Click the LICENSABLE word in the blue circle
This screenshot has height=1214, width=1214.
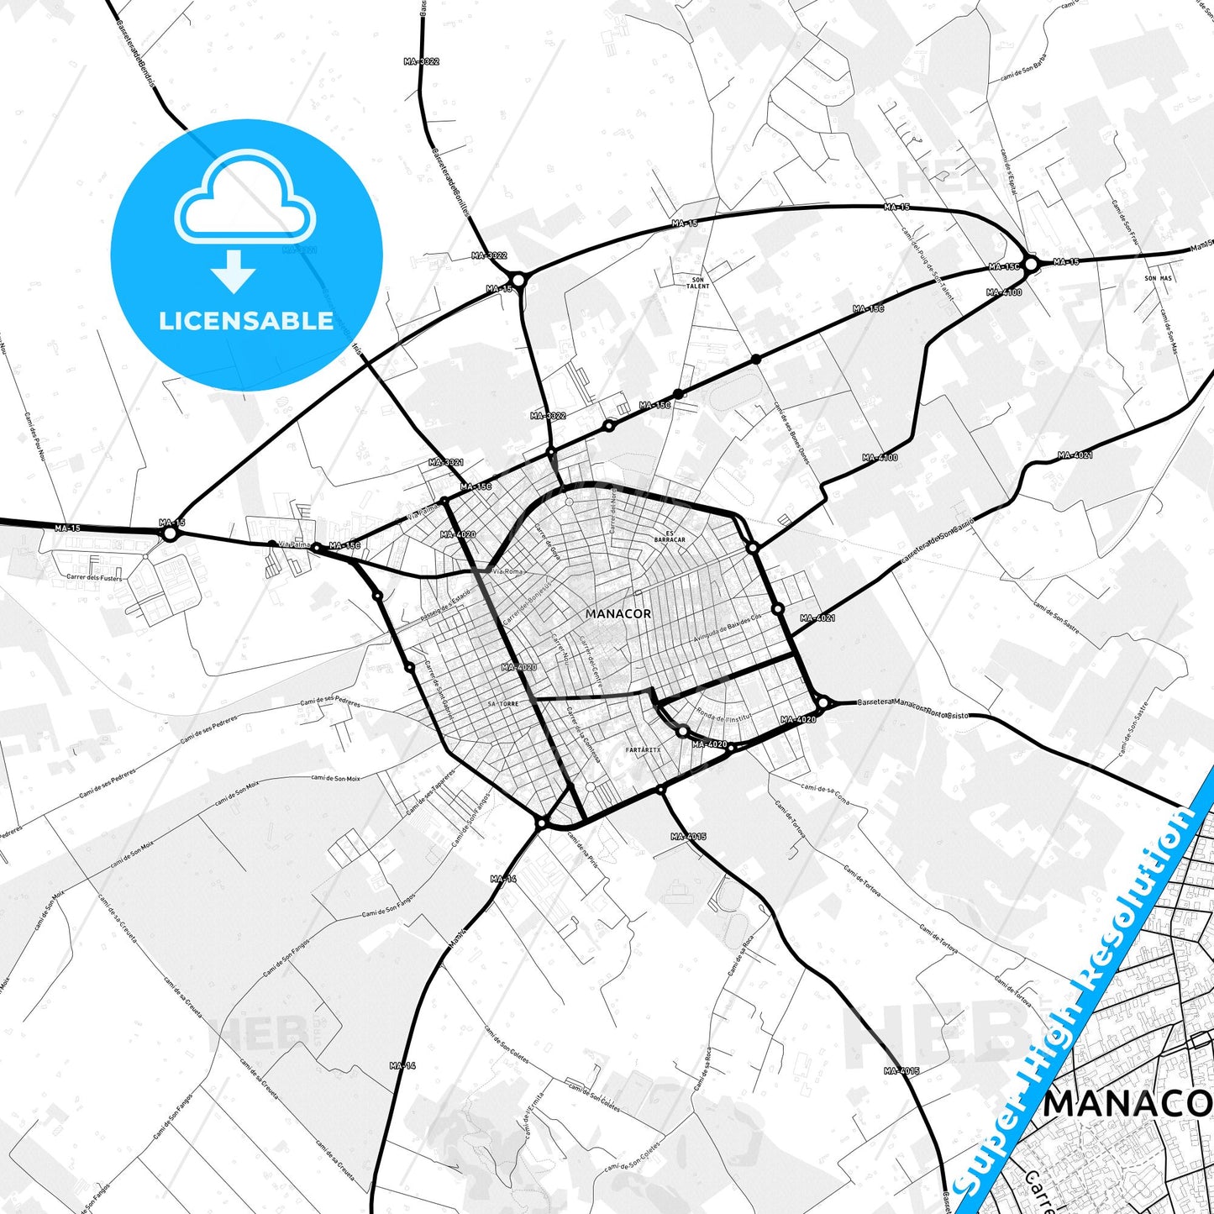pos(246,321)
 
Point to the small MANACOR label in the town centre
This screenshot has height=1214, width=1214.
pos(618,614)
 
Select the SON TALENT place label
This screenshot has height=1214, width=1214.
pos(697,283)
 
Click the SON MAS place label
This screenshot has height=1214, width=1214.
pos(1158,278)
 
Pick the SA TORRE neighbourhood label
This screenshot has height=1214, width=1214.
pos(503,703)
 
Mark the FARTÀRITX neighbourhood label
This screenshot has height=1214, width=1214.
pos(644,749)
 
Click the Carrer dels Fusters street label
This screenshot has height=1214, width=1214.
pos(94,578)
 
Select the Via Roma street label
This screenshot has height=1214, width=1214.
pos(507,571)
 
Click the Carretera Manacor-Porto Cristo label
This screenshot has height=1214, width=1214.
pos(913,708)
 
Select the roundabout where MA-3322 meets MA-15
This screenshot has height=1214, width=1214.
pos(518,280)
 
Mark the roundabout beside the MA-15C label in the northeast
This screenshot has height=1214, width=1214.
pos(1031,264)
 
